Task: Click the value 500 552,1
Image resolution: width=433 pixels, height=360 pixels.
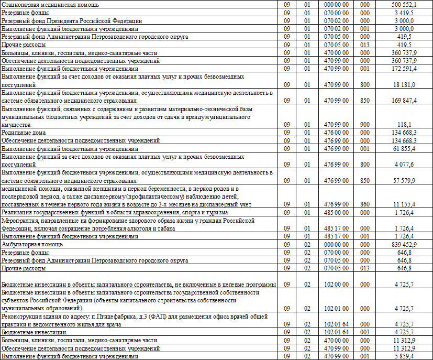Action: pyautogui.click(x=404, y=4)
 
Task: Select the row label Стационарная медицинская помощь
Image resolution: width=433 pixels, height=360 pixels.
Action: pyautogui.click(x=50, y=4)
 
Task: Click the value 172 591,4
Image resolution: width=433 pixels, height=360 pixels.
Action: pyautogui.click(x=404, y=69)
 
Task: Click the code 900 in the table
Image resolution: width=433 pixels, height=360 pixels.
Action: pyautogui.click(x=365, y=125)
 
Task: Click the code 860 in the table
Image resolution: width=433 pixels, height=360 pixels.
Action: pyautogui.click(x=365, y=204)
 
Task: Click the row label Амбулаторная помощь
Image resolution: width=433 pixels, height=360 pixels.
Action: pyautogui.click(x=32, y=244)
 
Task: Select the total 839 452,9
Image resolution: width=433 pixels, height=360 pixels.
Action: pyautogui.click(x=404, y=244)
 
